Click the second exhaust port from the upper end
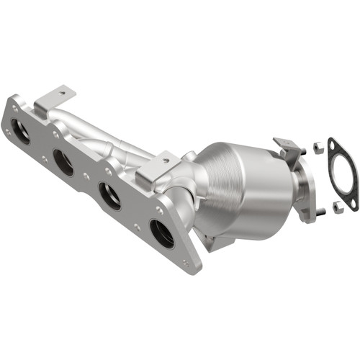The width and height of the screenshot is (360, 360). point(63,163)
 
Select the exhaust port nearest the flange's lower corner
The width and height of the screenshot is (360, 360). point(162,233)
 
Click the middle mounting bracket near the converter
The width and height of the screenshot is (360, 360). point(157,168)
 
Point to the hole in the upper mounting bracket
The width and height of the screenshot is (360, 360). point(63,93)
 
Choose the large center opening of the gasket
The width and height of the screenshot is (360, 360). point(343,175)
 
